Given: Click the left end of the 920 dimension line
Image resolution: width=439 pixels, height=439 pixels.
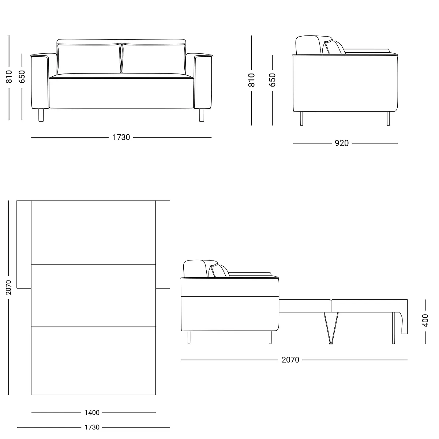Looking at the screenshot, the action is click(293, 143).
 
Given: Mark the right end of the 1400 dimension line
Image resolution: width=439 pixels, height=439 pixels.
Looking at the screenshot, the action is click(156, 413).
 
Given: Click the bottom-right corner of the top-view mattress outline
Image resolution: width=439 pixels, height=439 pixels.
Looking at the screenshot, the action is click(155, 395).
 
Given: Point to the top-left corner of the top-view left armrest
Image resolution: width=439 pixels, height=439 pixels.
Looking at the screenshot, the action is click(17, 201).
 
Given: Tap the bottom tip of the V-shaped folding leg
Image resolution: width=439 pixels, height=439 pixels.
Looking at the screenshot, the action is click(331, 344).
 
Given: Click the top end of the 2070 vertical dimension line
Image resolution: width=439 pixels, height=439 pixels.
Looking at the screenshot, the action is click(8, 201).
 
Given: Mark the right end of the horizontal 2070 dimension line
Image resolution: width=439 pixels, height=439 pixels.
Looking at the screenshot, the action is click(407, 360).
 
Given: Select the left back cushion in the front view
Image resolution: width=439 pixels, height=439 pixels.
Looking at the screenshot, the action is click(89, 59).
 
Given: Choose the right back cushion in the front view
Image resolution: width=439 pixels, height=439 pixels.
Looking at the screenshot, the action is click(154, 59).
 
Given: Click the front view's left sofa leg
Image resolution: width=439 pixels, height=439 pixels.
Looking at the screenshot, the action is click(41, 115).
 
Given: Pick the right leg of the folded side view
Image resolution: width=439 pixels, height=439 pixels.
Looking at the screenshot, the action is click(389, 119).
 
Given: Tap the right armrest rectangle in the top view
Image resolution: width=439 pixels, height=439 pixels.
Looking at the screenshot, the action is click(163, 244).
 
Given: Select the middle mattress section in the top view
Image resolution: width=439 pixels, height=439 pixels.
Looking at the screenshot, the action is click(93, 295).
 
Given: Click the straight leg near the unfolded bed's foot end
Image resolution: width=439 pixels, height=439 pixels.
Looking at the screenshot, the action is click(393, 328).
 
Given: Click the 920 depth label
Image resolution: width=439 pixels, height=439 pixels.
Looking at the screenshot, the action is click(342, 143).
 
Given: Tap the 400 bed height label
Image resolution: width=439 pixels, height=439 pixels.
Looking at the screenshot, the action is click(425, 320).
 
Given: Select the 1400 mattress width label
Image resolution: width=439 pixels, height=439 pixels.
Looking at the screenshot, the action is click(92, 413).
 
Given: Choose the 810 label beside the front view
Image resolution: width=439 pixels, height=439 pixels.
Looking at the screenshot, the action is click(9, 77).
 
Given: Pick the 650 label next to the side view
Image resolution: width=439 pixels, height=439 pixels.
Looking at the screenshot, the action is click(272, 80).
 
